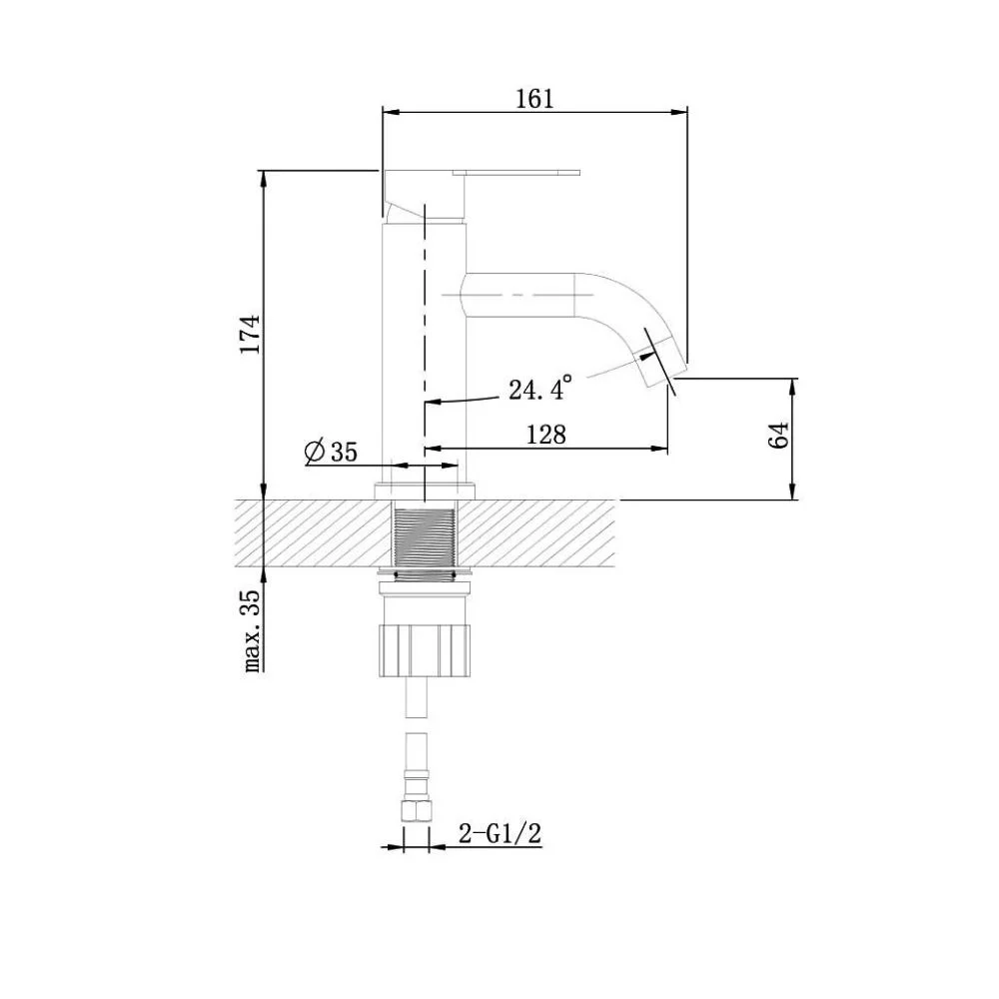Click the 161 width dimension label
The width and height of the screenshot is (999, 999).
tap(534, 99)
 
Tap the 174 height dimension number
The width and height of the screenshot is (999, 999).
tap(251, 334)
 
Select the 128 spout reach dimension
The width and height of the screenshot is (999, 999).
tap(546, 435)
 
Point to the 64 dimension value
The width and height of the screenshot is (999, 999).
tap(779, 436)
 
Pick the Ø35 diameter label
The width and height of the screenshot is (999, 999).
tap(332, 452)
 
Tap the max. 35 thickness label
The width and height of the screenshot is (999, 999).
tap(253, 629)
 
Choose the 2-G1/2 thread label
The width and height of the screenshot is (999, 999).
tap(500, 833)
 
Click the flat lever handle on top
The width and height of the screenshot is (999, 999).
tap(516, 172)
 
